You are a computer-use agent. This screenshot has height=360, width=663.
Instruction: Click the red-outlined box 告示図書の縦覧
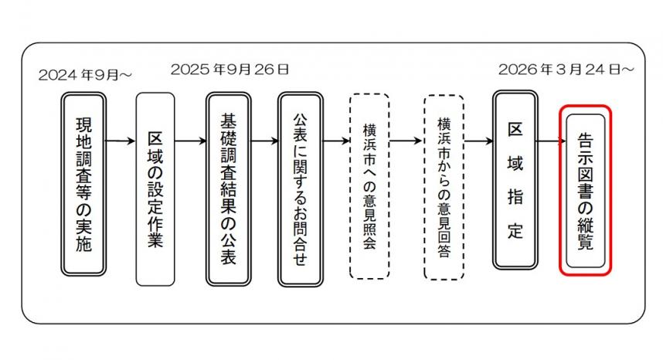[x=586, y=190]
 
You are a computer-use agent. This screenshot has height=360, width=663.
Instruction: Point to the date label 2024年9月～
[x=85, y=75]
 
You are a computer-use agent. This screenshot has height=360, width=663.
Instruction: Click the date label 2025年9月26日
[x=229, y=70]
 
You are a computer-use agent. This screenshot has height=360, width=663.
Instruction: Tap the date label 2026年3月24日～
[x=566, y=70]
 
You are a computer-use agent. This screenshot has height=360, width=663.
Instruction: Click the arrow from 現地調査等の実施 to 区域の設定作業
[x=120, y=141]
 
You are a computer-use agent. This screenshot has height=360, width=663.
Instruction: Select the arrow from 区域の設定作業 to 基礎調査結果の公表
[x=190, y=141]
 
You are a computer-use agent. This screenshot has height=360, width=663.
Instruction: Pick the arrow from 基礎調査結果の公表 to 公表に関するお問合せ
[x=264, y=141]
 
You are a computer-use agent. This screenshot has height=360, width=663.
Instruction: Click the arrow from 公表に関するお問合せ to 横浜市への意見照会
[x=336, y=141]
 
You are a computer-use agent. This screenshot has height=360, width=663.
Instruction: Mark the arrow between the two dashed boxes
[x=406, y=141]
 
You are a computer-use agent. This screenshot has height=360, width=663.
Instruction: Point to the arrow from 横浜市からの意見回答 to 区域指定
[x=479, y=141]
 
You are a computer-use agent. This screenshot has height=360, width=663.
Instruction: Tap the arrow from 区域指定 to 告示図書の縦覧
[x=549, y=141]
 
